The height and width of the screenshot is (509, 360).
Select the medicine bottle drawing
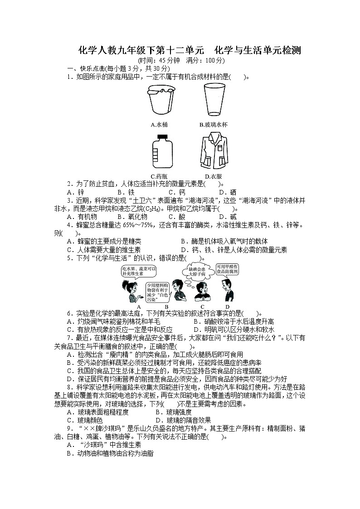(x=159, y=152)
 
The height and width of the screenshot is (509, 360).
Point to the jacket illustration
(x=213, y=152)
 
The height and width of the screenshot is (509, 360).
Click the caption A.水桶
(x=159, y=124)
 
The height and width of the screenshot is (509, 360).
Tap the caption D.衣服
(x=213, y=176)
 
